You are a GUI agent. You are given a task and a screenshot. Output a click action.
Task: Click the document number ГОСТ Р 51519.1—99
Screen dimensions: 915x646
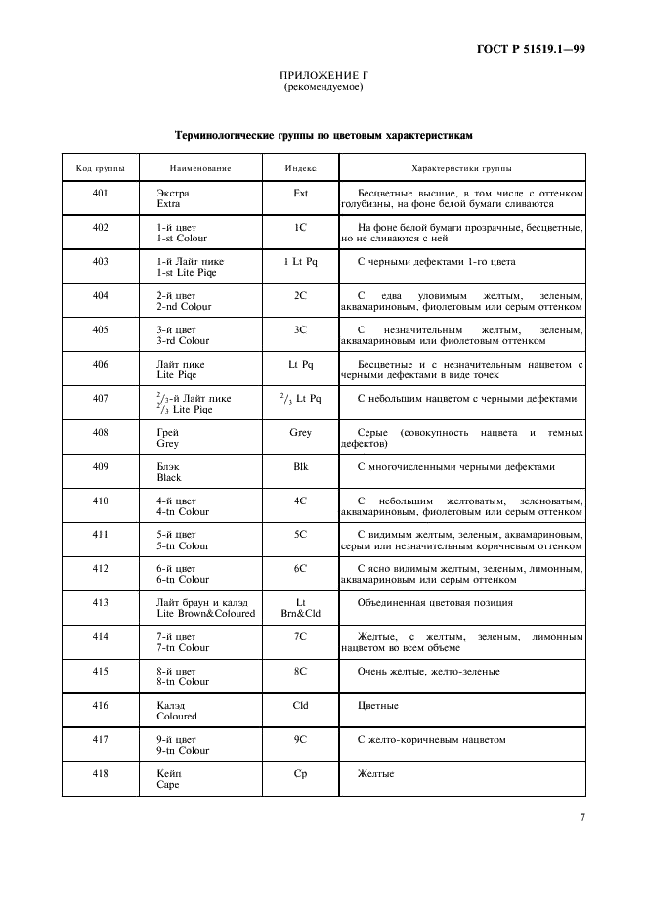530,47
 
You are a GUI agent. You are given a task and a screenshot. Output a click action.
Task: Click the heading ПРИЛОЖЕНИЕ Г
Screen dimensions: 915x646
323,75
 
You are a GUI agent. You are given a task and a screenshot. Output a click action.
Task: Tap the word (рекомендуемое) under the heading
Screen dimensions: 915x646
323,87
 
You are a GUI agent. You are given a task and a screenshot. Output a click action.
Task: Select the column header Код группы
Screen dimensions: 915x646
100,169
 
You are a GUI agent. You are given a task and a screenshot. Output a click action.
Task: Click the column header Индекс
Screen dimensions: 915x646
300,169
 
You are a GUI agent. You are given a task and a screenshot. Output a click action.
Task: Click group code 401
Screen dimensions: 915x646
100,194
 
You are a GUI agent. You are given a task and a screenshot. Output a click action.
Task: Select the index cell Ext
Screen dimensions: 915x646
300,194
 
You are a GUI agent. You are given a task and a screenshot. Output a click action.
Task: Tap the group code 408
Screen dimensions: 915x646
100,432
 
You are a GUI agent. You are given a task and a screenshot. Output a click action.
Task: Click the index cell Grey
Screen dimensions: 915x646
300,432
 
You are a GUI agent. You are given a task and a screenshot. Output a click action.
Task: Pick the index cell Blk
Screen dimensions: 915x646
300,466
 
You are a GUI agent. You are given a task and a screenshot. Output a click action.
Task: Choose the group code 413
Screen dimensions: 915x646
100,603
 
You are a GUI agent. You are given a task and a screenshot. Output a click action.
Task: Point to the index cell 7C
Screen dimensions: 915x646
300,637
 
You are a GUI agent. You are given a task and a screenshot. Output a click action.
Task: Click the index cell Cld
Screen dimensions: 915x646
300,705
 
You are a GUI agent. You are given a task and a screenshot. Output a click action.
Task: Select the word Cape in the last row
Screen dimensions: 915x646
168,785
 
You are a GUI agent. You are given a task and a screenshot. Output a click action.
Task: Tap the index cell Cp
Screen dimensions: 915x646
300,773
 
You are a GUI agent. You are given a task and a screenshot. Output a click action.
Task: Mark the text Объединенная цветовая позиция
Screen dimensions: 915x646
435,603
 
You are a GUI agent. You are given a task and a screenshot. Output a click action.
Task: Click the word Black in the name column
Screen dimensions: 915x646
169,478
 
